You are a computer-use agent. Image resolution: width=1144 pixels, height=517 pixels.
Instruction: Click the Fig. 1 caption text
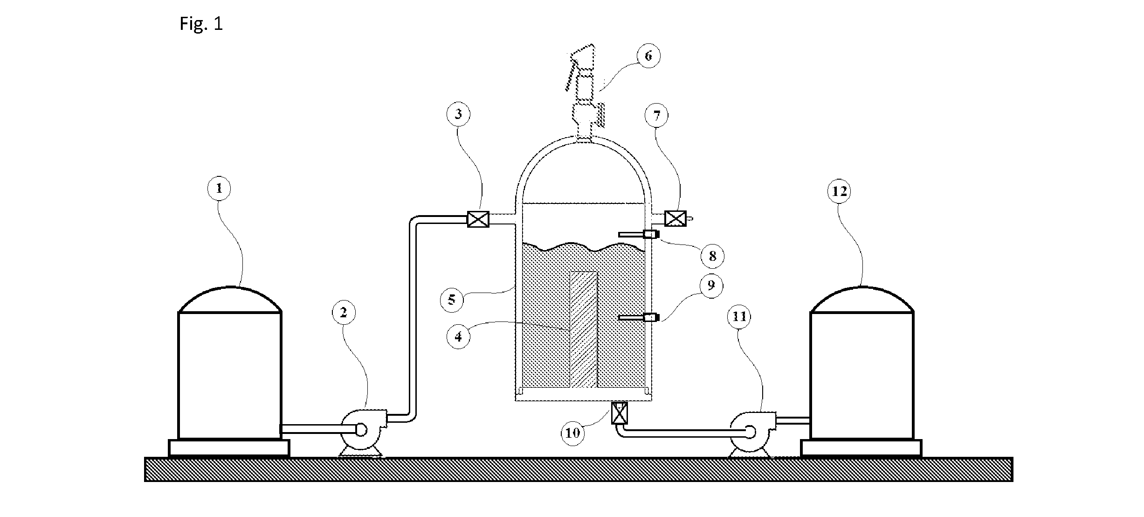201,24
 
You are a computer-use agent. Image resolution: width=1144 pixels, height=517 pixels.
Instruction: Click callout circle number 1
219,188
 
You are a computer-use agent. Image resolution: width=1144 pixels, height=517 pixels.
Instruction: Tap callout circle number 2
343,313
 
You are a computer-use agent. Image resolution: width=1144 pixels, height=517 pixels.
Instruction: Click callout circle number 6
648,56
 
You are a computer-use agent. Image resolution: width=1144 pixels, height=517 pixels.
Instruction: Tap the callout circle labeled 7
657,115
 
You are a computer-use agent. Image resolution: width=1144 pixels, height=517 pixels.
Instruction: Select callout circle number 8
712,255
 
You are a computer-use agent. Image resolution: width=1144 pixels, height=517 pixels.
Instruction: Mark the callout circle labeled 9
710,285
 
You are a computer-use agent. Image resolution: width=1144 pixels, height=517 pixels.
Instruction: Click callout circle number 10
572,433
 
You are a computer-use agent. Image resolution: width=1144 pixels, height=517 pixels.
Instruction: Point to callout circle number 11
739,317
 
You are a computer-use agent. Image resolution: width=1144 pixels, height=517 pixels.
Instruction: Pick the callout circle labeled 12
839,191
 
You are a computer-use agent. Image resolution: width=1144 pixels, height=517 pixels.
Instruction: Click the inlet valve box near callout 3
478,219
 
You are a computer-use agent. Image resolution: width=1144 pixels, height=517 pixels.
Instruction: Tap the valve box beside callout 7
675,218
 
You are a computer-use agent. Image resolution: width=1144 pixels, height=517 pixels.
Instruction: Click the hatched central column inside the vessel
583,329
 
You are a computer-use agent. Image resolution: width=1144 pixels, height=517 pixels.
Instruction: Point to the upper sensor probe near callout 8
639,234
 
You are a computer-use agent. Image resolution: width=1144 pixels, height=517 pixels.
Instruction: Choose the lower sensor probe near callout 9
639,318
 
